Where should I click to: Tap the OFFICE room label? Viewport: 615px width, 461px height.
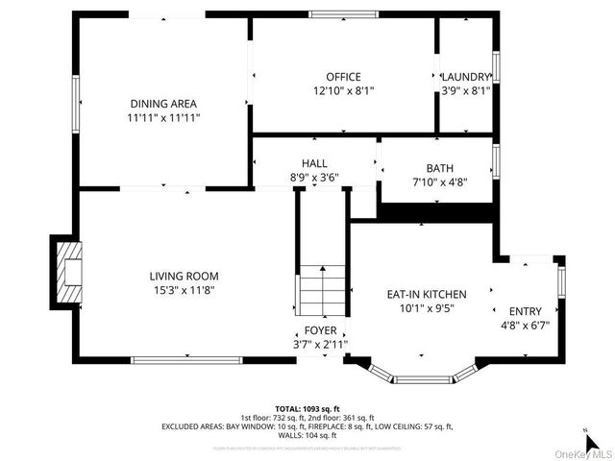pos(343,77)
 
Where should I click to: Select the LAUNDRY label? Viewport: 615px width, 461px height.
pos(465,77)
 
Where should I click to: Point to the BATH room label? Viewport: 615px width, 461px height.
pos(440,168)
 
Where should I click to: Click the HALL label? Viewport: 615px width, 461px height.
pos(314,163)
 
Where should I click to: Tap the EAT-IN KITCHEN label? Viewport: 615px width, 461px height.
pos(427,294)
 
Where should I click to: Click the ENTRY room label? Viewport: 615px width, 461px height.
pos(525,311)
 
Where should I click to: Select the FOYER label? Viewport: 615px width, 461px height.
pos(321,329)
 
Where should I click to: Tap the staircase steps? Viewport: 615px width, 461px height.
pos(320,288)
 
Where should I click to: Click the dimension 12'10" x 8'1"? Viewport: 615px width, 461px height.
pos(343,91)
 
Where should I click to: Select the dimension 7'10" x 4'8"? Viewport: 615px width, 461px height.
pos(440,182)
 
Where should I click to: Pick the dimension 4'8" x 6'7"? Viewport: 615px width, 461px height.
pos(525,326)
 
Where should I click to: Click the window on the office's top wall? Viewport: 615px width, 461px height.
pos(343,13)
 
